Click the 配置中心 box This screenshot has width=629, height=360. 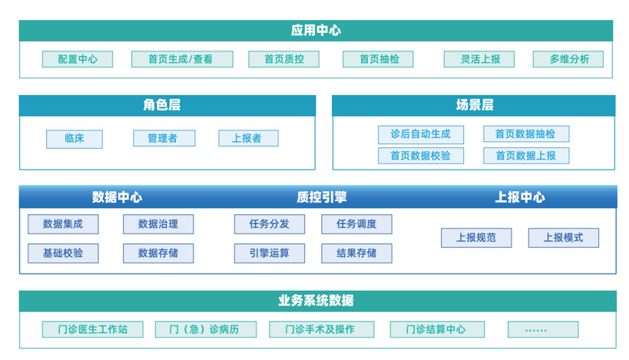(78, 59)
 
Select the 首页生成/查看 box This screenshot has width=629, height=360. (182, 59)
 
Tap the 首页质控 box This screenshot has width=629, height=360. (283, 59)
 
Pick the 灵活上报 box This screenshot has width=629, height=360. (479, 59)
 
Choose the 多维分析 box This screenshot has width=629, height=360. (568, 59)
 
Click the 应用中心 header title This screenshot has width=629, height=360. (316, 31)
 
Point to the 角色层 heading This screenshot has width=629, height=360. (161, 105)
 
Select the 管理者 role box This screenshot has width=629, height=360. (164, 138)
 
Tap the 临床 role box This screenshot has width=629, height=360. (74, 139)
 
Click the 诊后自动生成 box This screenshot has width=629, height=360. (421, 134)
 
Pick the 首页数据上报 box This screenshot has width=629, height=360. (526, 156)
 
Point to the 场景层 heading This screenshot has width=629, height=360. (475, 105)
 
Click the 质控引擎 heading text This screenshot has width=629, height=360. (322, 197)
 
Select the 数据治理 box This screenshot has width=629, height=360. (158, 224)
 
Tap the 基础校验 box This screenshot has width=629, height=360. (63, 253)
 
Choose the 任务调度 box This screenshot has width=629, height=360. (356, 224)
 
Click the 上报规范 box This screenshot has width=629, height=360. (476, 238)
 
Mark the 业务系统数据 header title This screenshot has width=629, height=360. (316, 301)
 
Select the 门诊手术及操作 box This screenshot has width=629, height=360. (321, 329)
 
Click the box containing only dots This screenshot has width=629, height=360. (543, 329)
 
